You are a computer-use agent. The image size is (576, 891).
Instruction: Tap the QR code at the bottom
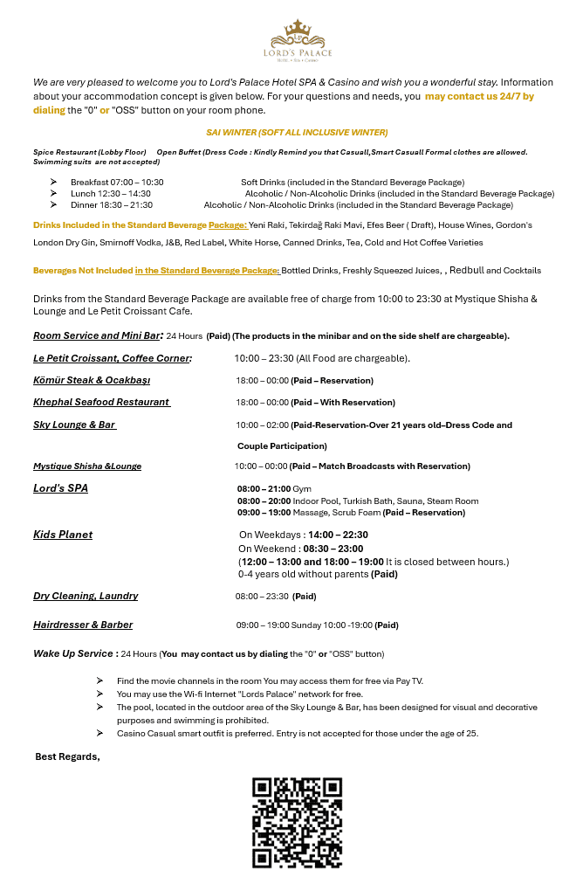click(x=297, y=823)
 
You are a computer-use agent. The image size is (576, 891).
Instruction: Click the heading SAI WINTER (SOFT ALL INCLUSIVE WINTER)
click(x=297, y=132)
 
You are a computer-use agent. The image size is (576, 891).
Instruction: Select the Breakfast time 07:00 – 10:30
click(x=117, y=182)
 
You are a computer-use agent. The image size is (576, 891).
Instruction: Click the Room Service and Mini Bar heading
click(x=98, y=335)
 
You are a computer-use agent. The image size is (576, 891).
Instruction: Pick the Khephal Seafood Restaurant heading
click(x=101, y=402)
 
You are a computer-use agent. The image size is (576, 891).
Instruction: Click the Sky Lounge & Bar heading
click(x=74, y=425)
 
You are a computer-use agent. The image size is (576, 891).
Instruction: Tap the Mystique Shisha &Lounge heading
click(x=87, y=466)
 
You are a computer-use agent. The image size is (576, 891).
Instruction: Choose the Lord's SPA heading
click(x=60, y=488)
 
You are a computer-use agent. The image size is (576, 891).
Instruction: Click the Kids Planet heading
click(x=63, y=535)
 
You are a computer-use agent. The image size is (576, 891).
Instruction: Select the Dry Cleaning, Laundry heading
click(x=86, y=596)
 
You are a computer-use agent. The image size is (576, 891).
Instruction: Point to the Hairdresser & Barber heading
click(x=83, y=625)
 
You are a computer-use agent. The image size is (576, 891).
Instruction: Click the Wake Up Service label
click(x=74, y=653)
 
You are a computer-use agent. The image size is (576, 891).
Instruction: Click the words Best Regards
click(x=67, y=756)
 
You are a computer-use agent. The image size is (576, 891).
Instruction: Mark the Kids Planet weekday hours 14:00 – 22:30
click(x=338, y=535)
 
